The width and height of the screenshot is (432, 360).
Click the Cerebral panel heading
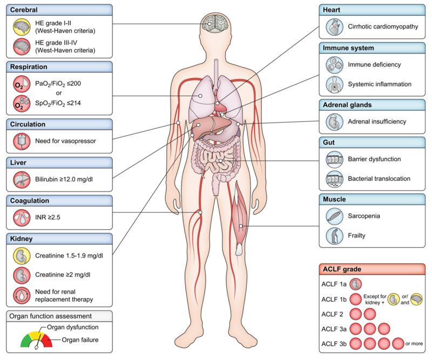(x=24, y=10)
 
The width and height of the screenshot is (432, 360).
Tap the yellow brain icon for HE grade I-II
(x=22, y=27)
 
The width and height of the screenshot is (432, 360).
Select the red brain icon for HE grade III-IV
(x=22, y=46)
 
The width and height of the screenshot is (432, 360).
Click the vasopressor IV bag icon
(x=22, y=141)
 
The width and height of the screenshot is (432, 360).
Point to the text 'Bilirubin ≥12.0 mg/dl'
(x=64, y=179)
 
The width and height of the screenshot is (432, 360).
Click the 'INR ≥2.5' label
(x=48, y=218)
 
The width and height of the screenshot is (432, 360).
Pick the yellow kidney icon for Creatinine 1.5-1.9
(x=22, y=256)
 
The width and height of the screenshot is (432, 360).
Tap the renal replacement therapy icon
(x=22, y=295)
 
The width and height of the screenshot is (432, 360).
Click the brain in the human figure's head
(x=214, y=23)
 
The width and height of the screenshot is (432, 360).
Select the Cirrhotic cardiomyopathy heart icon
(x=334, y=27)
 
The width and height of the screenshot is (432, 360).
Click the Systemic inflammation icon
(x=334, y=84)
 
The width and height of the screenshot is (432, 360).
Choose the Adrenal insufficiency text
(x=377, y=121)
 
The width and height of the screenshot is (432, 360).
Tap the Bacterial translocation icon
(x=334, y=179)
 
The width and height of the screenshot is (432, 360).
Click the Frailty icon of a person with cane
(x=334, y=236)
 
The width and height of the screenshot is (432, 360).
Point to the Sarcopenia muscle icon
(x=334, y=216)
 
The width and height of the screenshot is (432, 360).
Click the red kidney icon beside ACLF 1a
(x=355, y=284)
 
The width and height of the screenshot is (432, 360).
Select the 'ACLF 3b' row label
(x=334, y=344)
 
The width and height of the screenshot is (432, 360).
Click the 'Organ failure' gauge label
(x=80, y=340)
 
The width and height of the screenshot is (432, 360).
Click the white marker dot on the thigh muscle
(x=241, y=226)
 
